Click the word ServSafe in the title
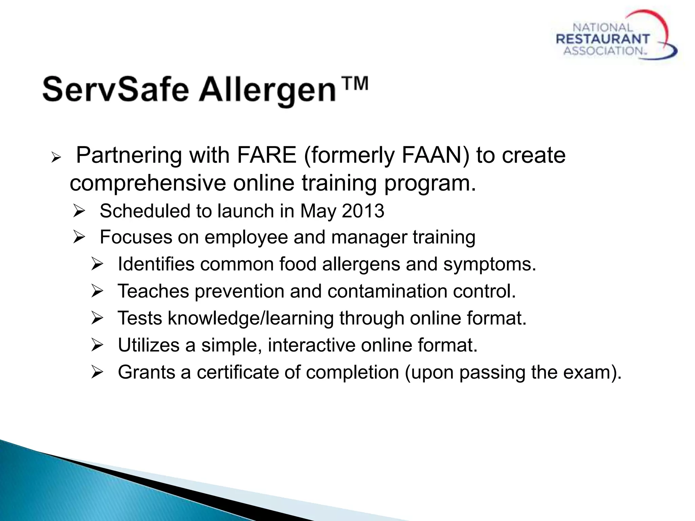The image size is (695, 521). [115, 90]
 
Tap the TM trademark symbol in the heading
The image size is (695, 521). [355, 83]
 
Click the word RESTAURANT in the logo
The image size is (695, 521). [603, 39]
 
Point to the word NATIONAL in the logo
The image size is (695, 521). [603, 27]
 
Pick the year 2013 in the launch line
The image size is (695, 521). [363, 211]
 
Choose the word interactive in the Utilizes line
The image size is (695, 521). [311, 345]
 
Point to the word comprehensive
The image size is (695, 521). [148, 184]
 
